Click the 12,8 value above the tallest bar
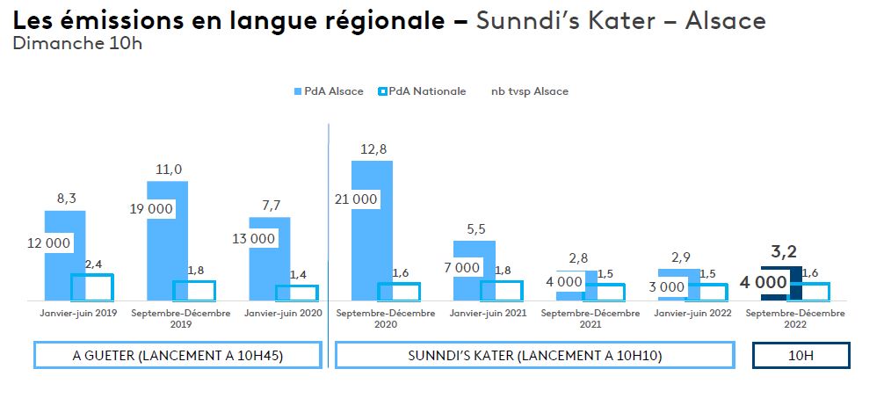pos(373,149)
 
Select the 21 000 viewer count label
pos(356,199)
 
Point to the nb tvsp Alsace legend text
pos(530,91)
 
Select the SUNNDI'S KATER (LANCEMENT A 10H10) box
pos(534,356)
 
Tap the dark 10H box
pos(801,356)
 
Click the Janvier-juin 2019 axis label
pos(77,313)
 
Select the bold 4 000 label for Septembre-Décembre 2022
pos(762,284)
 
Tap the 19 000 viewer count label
pos(152,209)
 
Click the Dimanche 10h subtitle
pos(77,44)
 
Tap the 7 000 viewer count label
pos(463,268)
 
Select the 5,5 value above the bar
pos(475,228)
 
